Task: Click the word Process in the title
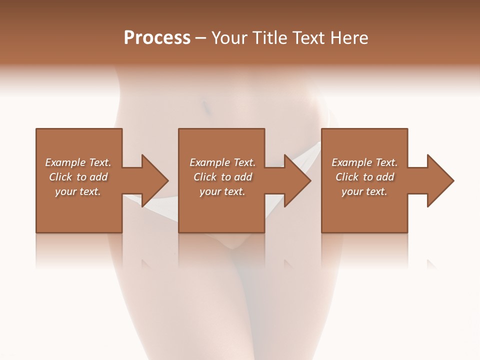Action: click(x=157, y=38)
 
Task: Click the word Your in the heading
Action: click(x=229, y=38)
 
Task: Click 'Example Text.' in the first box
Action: click(x=78, y=162)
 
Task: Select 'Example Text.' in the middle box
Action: click(x=222, y=162)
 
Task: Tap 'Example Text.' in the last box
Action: click(x=364, y=162)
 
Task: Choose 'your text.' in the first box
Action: click(x=78, y=191)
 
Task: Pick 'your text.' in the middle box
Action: click(x=222, y=191)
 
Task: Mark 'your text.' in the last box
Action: click(x=364, y=191)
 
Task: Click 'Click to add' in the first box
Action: click(x=78, y=177)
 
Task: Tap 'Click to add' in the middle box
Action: click(x=222, y=177)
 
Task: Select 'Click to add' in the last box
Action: click(x=364, y=177)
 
